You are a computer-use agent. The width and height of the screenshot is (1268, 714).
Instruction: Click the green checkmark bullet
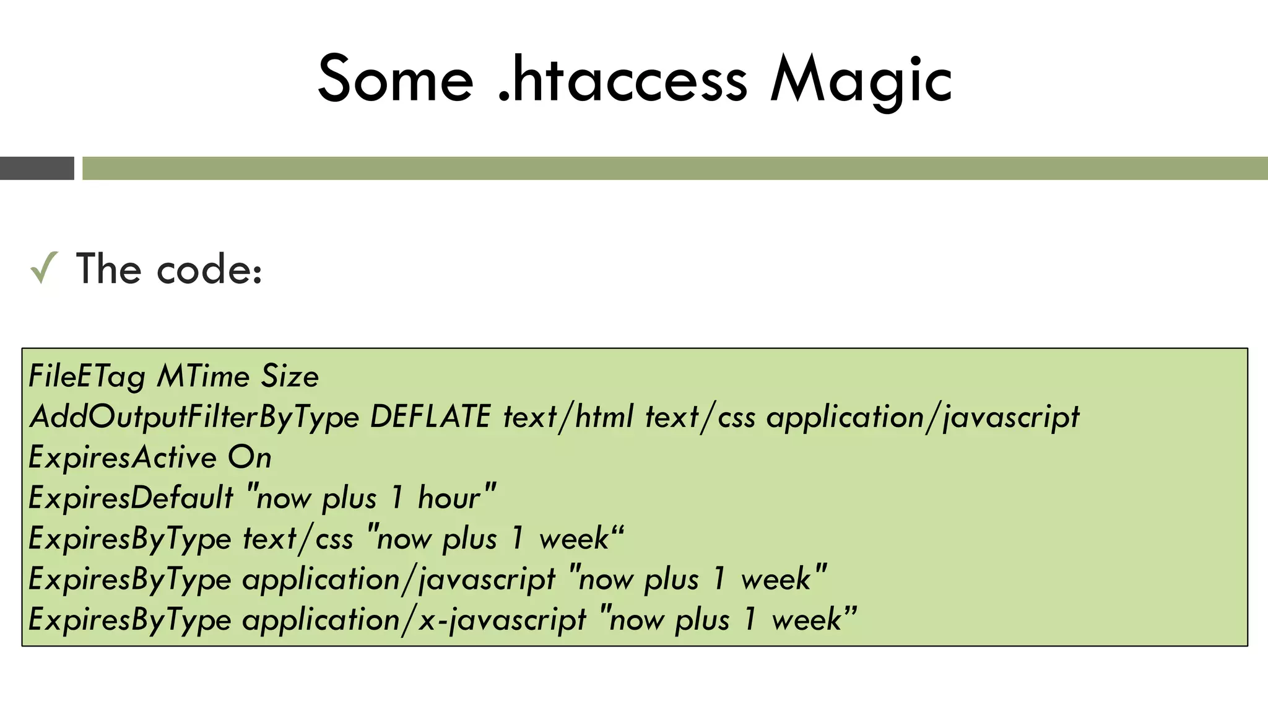pyautogui.click(x=44, y=268)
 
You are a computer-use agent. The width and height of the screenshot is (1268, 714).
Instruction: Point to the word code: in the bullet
pyautogui.click(x=210, y=271)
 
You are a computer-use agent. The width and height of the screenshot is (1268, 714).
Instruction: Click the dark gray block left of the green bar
pyautogui.click(x=37, y=169)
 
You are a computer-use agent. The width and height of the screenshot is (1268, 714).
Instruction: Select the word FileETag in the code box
pyautogui.click(x=87, y=377)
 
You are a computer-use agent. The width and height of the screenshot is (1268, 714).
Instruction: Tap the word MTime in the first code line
pyautogui.click(x=203, y=376)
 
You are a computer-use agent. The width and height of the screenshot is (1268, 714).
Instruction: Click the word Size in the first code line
pyautogui.click(x=290, y=376)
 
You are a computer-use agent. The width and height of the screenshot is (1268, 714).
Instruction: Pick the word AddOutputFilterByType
pyautogui.click(x=194, y=417)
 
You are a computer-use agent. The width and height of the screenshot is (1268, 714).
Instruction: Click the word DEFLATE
pyautogui.click(x=430, y=416)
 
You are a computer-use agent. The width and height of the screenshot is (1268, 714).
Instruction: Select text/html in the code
pyautogui.click(x=568, y=416)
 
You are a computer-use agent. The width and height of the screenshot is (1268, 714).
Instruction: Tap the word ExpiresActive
pyautogui.click(x=123, y=458)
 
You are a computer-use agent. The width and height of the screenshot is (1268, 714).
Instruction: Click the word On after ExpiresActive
pyautogui.click(x=250, y=458)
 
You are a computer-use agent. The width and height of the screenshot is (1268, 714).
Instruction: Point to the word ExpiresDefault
pyautogui.click(x=131, y=498)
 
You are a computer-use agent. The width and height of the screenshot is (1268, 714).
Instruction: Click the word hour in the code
pyautogui.click(x=449, y=498)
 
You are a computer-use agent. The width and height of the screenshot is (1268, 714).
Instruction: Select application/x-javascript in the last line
pyautogui.click(x=414, y=620)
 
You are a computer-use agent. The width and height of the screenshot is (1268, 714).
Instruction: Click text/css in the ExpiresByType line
pyautogui.click(x=298, y=539)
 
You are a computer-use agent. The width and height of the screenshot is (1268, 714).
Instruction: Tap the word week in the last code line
pyautogui.click(x=806, y=620)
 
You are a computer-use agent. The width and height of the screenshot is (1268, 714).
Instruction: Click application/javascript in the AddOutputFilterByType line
pyautogui.click(x=923, y=417)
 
